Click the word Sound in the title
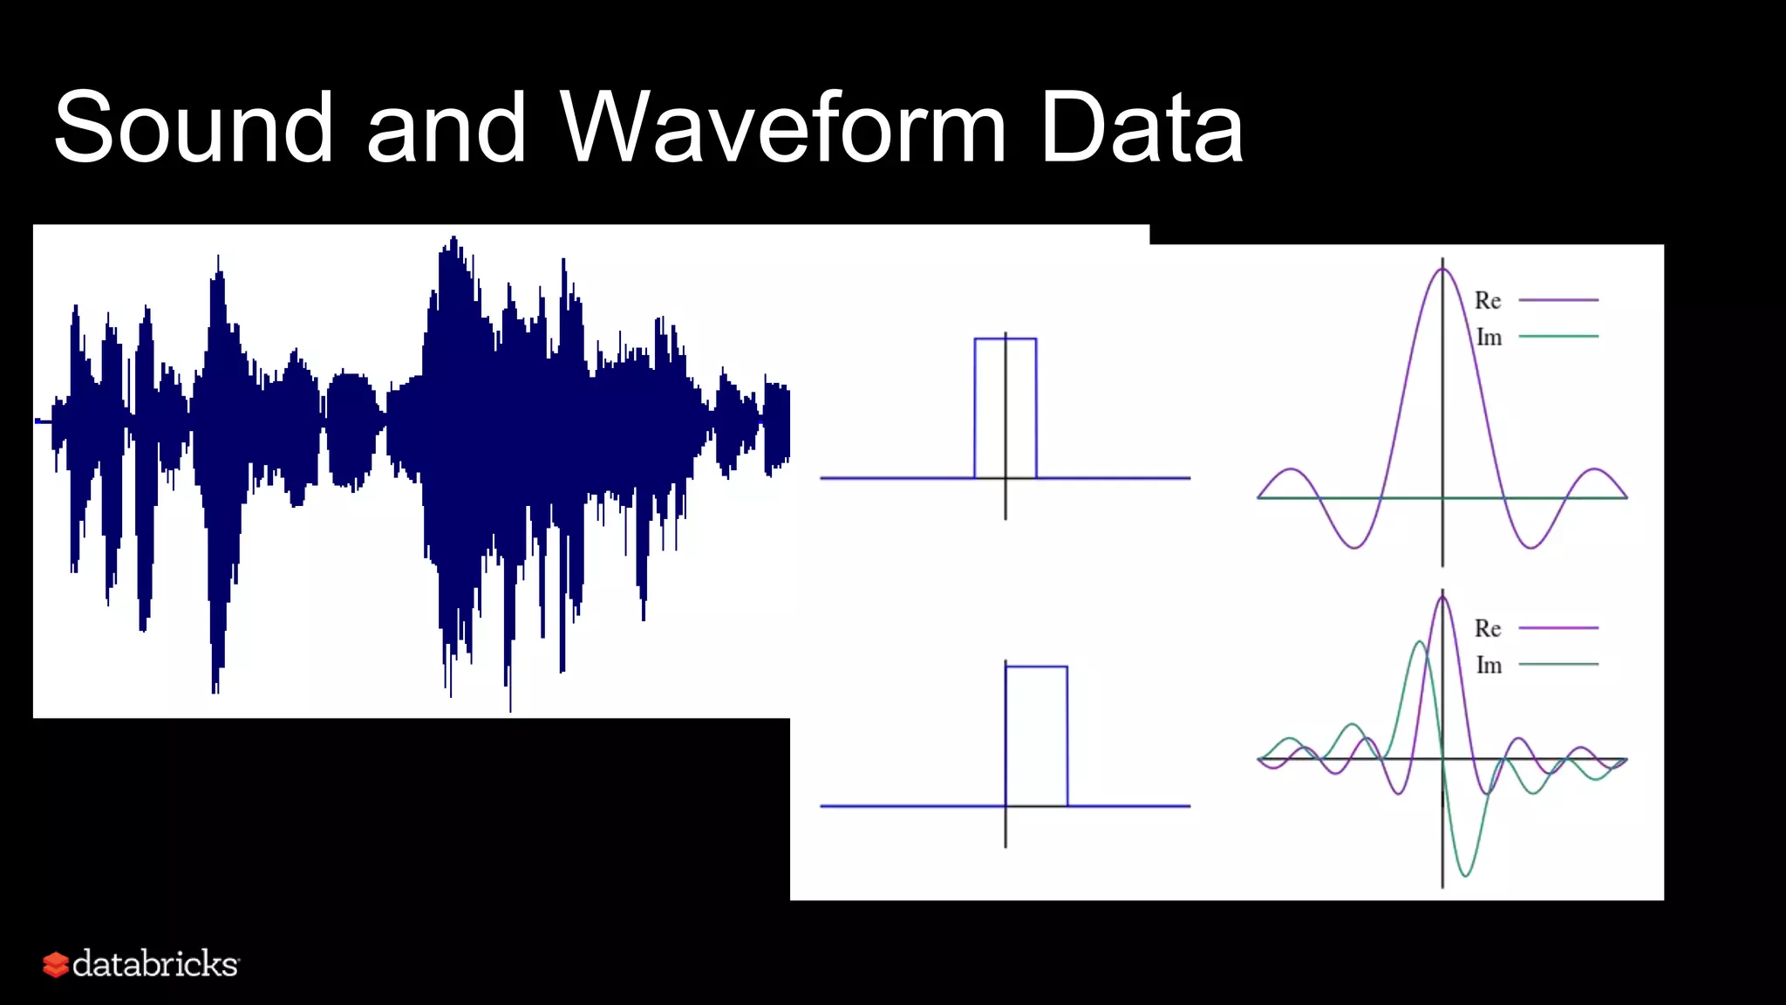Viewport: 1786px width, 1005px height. (194, 127)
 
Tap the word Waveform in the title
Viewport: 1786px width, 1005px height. (782, 127)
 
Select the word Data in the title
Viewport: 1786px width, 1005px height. (1142, 127)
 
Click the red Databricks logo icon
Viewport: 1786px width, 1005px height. (56, 964)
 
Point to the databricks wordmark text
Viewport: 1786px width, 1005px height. (155, 964)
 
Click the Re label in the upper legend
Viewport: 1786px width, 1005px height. (1488, 301)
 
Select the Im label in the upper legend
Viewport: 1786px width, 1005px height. (1489, 338)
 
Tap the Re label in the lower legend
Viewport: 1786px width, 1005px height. (1488, 629)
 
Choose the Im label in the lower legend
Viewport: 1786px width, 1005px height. (1489, 666)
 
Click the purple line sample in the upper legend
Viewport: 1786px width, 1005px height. (1558, 300)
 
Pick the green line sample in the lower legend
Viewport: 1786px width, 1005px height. (1558, 664)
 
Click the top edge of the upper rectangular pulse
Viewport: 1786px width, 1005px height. (1005, 338)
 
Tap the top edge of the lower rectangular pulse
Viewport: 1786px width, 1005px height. (1036, 667)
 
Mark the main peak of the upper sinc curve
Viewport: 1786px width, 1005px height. (1442, 270)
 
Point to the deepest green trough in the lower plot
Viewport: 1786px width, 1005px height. (1465, 874)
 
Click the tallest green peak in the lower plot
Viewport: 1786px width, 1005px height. (1420, 643)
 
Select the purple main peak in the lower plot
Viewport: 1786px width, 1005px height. (1442, 596)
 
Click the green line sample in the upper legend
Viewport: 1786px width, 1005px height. (1558, 336)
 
